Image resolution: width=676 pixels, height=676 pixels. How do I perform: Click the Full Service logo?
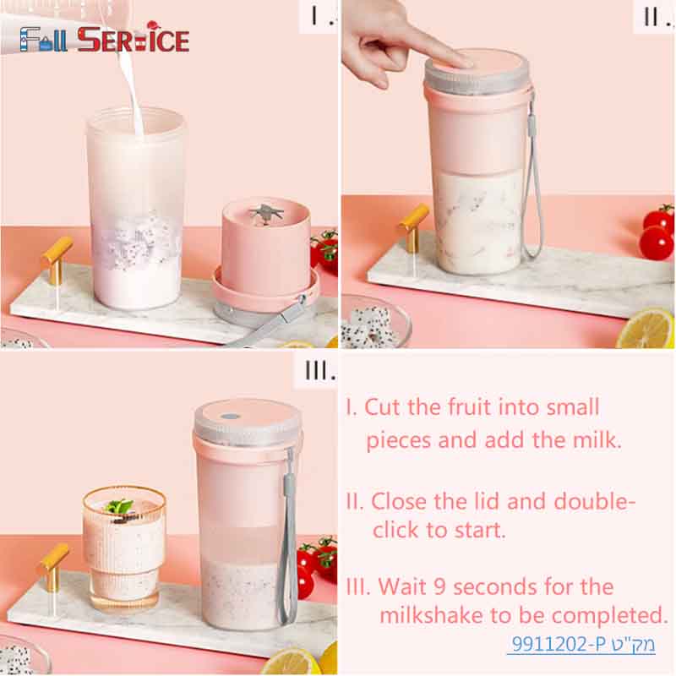[105, 39]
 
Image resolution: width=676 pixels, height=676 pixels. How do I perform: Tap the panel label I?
[319, 15]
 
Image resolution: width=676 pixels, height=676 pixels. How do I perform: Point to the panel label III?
[319, 370]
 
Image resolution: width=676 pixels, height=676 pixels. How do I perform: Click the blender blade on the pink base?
[268, 211]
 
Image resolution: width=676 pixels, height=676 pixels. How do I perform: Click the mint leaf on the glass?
[119, 506]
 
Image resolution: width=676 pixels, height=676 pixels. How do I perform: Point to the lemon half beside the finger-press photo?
[646, 329]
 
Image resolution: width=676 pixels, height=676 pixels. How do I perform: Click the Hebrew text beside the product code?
[637, 646]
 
